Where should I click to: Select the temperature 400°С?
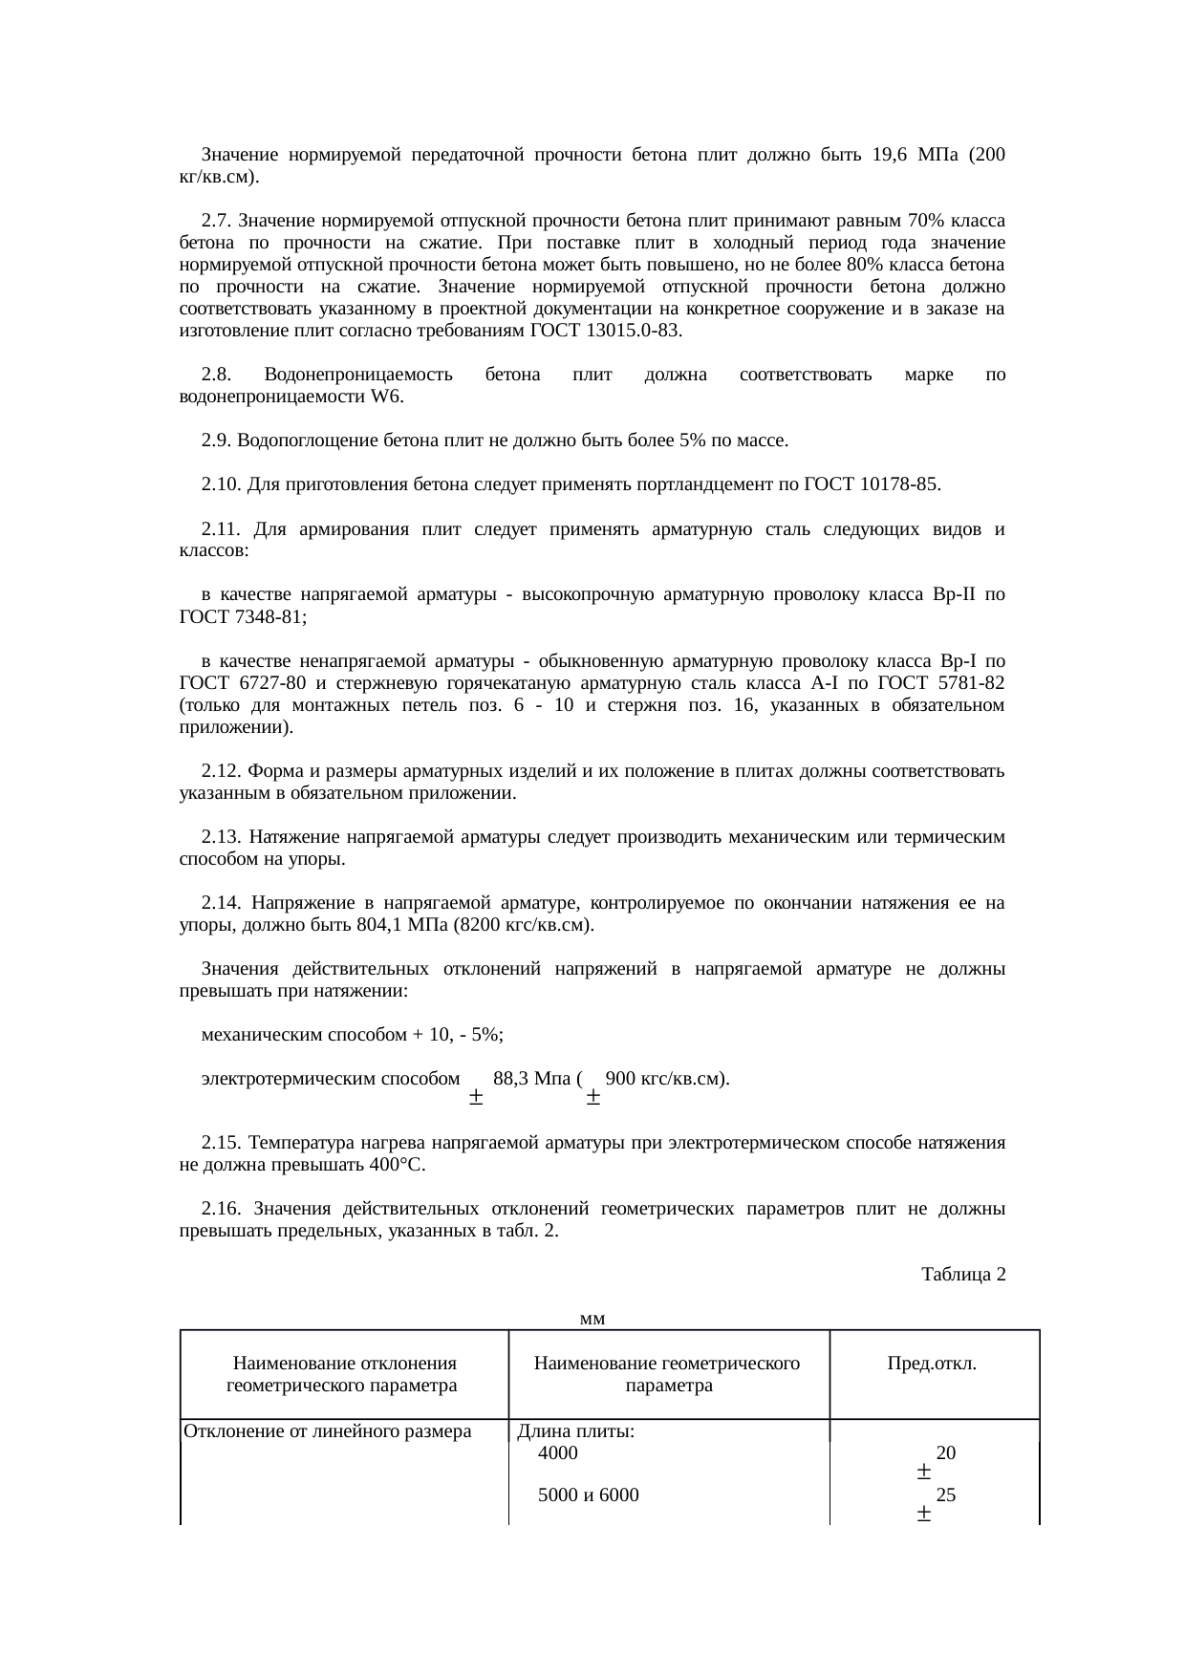(x=397, y=1165)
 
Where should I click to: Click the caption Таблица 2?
(x=962, y=1274)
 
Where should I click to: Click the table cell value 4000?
(x=558, y=1453)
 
